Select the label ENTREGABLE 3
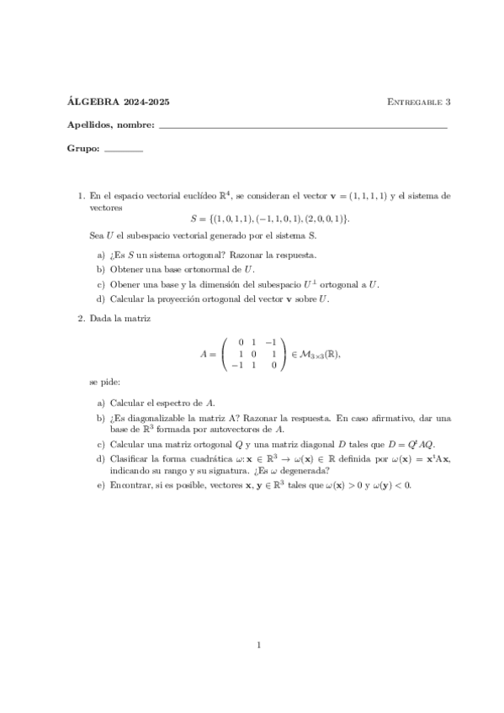[419, 103]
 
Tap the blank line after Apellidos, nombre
[303, 126]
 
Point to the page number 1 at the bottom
[260, 646]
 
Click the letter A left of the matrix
[203, 354]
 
